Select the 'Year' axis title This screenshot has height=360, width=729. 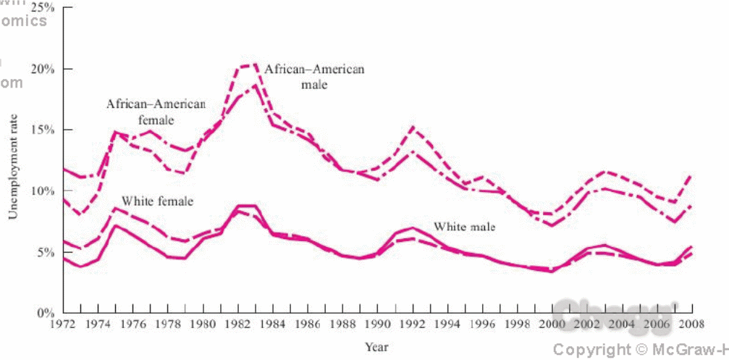tap(376, 347)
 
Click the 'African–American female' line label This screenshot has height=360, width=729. tap(156, 112)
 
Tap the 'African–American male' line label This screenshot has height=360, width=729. tap(314, 77)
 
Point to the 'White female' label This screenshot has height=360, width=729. tap(157, 201)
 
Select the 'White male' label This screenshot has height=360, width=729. tap(464, 227)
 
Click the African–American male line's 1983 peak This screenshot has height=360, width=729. tap(253, 65)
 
